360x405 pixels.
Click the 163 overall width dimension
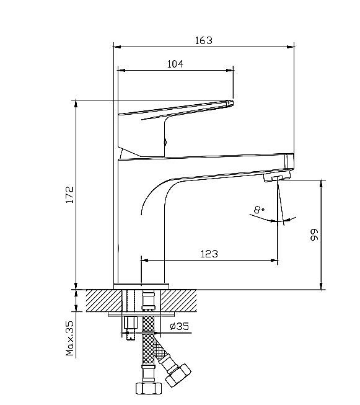204,40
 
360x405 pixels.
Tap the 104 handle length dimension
175,64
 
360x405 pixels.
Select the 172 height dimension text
69,195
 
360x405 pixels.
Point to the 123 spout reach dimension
209,254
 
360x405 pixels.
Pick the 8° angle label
259,210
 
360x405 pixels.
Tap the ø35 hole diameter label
180,326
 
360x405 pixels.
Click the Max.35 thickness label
69,339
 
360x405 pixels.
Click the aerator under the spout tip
276,177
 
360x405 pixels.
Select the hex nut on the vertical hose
149,388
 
